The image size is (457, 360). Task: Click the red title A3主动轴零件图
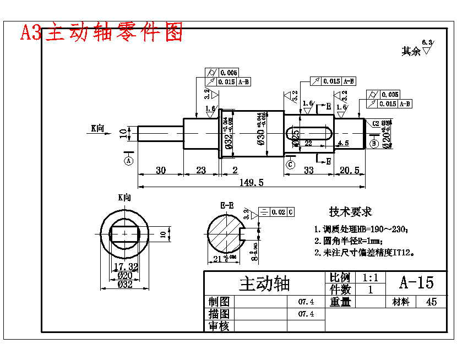(101, 32)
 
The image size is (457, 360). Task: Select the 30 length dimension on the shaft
(160, 170)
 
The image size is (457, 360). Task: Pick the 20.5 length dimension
(350, 170)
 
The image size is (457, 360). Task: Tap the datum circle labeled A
(129, 161)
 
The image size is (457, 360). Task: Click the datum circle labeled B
(374, 144)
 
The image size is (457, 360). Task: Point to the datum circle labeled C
(291, 164)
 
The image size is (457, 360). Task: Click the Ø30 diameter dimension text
(261, 134)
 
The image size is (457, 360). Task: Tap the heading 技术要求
(350, 212)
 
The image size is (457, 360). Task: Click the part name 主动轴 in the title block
(264, 283)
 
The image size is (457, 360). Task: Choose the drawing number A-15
(416, 282)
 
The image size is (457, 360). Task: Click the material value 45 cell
(432, 302)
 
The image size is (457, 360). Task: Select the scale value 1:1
(370, 277)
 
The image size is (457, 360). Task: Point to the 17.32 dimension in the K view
(126, 266)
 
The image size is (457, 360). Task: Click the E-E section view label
(227, 206)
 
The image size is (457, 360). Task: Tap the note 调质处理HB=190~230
(361, 229)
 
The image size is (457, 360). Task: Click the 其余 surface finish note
(411, 51)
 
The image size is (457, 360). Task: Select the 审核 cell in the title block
(219, 326)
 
